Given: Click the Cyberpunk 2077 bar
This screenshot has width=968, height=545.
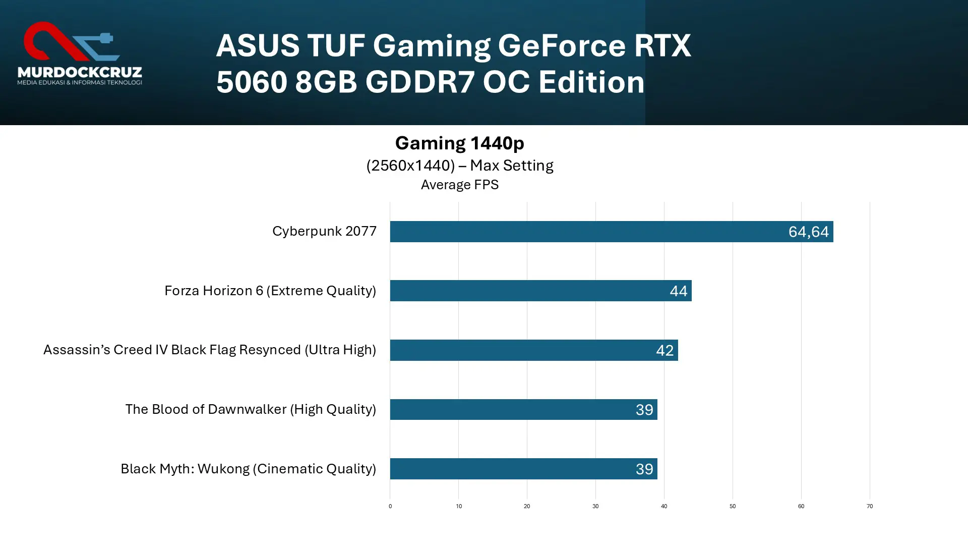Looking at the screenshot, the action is click(612, 232).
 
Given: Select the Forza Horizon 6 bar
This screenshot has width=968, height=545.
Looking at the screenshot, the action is click(541, 291).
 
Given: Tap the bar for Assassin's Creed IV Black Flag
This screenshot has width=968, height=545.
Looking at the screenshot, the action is click(534, 350).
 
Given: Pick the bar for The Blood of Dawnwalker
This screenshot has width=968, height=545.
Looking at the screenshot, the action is click(524, 409).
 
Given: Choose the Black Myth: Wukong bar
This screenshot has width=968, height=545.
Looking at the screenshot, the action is click(524, 469).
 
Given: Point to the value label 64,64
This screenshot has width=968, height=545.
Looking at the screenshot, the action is click(809, 232).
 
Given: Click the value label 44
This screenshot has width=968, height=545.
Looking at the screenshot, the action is click(679, 291).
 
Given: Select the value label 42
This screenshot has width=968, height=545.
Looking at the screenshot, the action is click(665, 350).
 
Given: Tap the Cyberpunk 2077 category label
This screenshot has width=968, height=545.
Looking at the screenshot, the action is click(324, 231).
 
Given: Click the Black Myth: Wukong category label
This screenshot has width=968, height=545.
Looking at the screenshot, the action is click(249, 469).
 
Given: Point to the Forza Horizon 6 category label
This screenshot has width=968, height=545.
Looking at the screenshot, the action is click(270, 291).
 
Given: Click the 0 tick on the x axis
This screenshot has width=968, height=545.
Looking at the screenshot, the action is click(390, 506).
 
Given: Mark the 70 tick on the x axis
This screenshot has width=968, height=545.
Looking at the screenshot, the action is click(870, 506).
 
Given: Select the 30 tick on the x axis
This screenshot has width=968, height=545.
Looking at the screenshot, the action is click(595, 506).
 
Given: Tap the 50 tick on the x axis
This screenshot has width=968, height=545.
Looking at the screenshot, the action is click(733, 506).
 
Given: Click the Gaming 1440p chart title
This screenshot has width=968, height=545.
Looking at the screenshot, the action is click(460, 143).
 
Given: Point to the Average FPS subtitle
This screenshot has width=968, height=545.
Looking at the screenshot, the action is click(460, 185).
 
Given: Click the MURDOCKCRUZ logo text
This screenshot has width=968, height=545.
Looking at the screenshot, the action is click(80, 72).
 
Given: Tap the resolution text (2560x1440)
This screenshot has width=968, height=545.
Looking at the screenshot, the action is click(410, 166).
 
